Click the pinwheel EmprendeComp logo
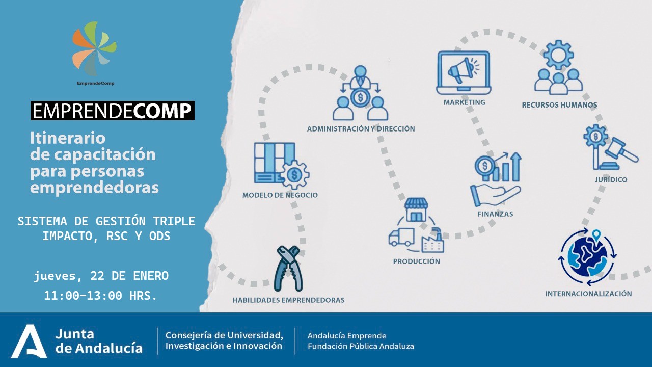94,48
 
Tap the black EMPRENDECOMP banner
113,111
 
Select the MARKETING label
464,102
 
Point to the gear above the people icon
559,55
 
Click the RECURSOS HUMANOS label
559,105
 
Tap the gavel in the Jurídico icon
622,150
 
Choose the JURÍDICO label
611,180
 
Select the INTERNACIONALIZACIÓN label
588,294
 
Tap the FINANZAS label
495,214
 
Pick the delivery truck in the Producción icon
401,237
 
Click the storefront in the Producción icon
416,209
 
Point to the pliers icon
288,268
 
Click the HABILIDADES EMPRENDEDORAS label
288,300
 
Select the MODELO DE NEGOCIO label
280,195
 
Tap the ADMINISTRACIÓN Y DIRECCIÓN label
361,129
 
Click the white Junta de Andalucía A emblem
29,341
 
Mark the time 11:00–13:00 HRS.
100,296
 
